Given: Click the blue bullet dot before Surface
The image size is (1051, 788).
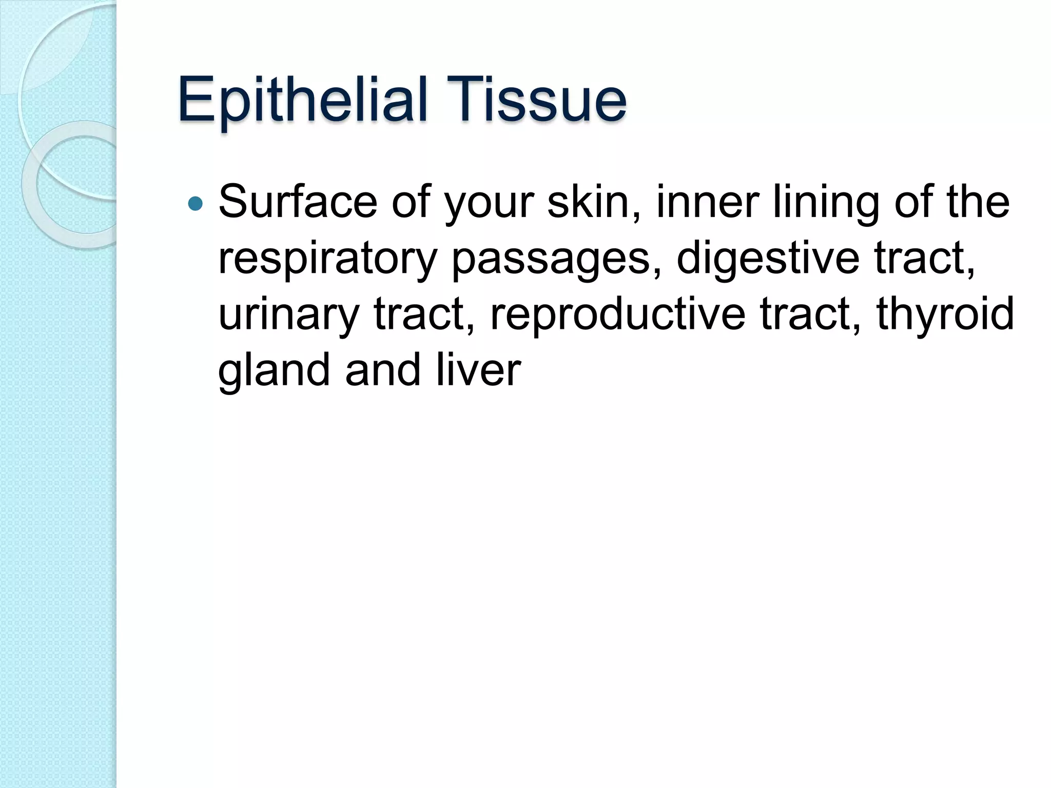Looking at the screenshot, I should point(196,204).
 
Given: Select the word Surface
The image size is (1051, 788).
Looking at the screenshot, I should point(298,202).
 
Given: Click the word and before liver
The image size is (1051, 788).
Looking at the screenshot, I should point(383,370).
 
